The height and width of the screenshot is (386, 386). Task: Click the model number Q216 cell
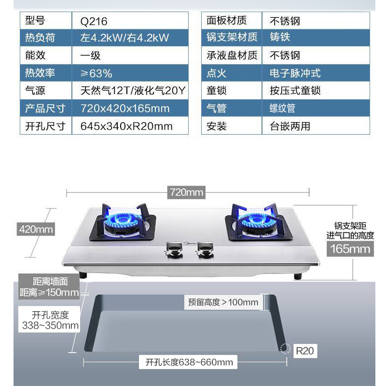[94, 21]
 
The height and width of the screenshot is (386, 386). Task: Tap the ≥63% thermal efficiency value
[96, 73]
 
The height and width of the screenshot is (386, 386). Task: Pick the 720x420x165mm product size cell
[125, 108]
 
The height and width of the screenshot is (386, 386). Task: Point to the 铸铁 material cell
[280, 38]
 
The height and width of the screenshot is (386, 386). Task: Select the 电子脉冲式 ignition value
[295, 73]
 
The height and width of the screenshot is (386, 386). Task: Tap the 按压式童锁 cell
[295, 91]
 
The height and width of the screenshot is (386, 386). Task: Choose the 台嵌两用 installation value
[289, 126]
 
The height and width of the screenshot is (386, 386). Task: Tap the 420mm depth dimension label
[36, 229]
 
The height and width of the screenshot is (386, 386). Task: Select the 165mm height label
[350, 248]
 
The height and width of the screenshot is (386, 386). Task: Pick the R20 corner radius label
[304, 350]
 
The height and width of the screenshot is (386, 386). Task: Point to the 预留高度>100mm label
[223, 303]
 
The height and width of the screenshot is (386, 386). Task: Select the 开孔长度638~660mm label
[186, 362]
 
